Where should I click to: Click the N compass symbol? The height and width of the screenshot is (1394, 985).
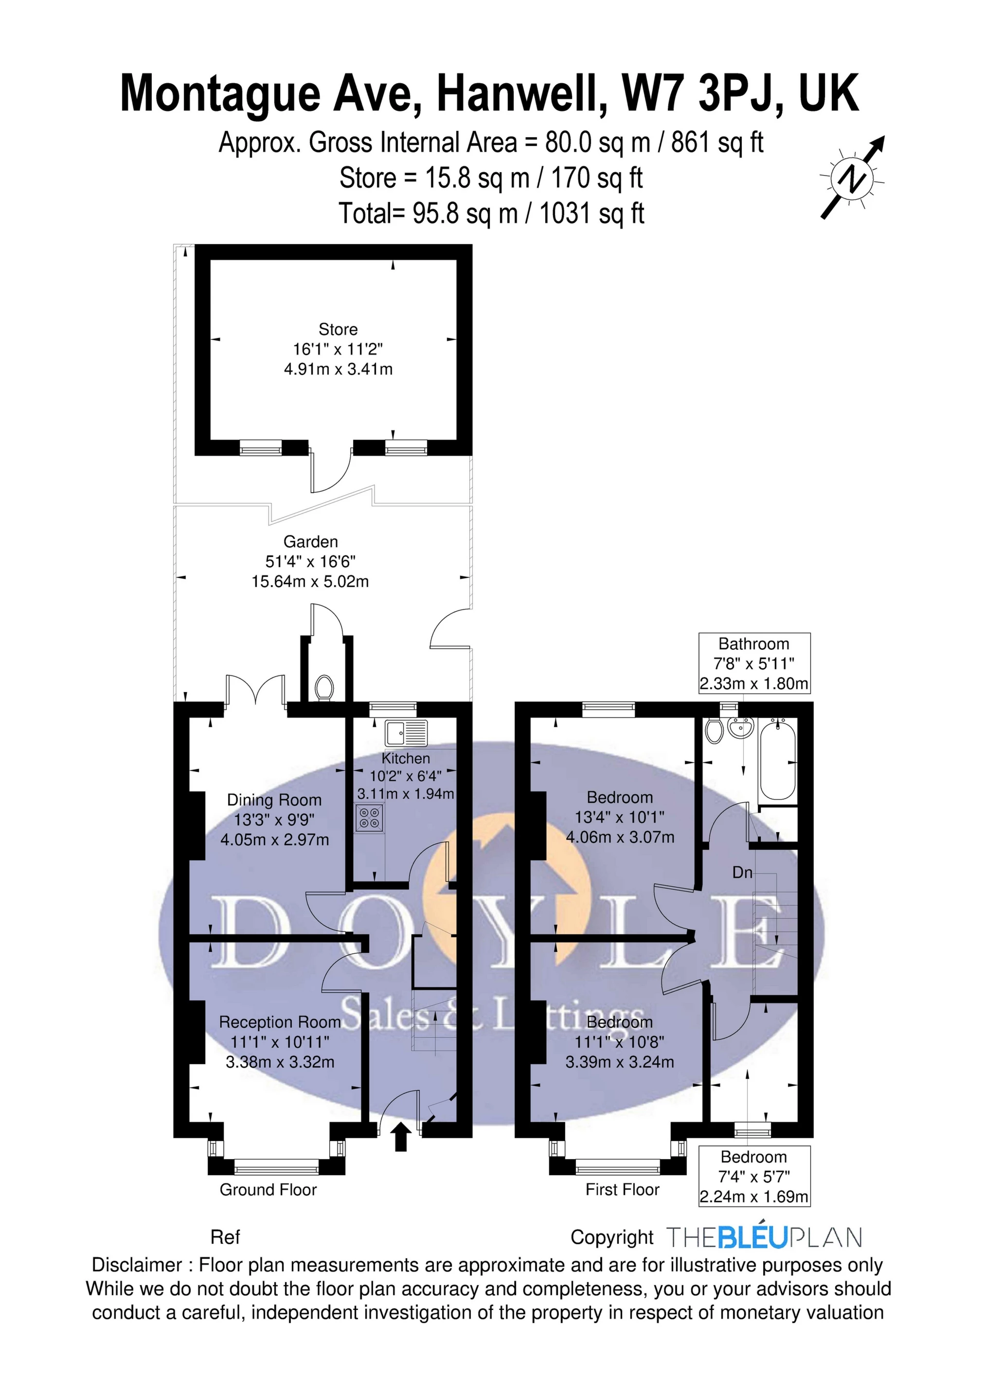(853, 178)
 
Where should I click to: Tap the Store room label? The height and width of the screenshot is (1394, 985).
(338, 330)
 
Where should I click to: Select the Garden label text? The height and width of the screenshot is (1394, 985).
(311, 541)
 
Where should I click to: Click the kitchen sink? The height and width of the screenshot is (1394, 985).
(406, 733)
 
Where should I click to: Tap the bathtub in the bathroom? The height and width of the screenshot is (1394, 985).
(777, 760)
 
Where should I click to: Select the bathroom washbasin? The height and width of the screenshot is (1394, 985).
(740, 728)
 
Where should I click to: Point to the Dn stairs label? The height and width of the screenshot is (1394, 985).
(742, 873)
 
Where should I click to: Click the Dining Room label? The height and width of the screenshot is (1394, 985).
(274, 800)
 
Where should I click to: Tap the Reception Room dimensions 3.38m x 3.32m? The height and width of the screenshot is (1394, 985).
(280, 1062)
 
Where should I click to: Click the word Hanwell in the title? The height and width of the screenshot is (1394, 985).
(521, 94)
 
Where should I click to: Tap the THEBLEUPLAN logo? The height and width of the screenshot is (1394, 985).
(764, 1237)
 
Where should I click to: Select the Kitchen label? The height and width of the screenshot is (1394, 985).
(406, 758)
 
